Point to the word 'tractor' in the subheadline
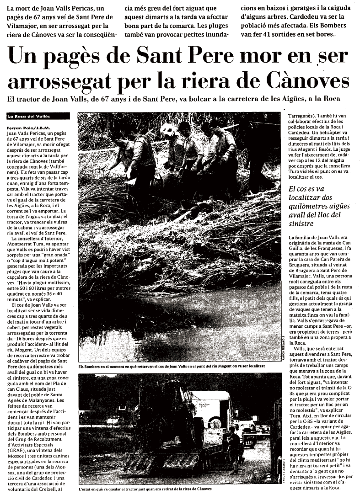pyautogui.click(x=36, y=99)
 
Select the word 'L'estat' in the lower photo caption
pyautogui.click(x=86, y=489)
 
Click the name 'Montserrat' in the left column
pyautogui.click(x=21, y=245)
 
